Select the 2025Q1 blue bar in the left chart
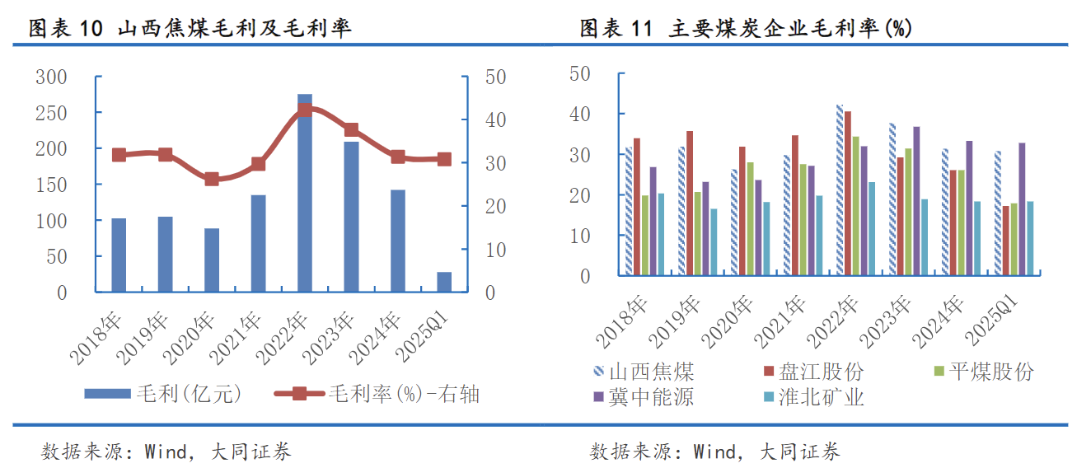click(444, 282)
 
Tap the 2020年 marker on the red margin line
click(212, 179)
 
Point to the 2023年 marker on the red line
click(351, 129)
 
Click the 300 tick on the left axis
click(51, 77)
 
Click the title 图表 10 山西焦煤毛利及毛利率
click(190, 29)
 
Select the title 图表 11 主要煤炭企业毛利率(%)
click(746, 29)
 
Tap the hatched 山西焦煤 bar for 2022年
click(840, 190)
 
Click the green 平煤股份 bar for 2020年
click(751, 218)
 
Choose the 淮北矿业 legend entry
click(812, 397)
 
